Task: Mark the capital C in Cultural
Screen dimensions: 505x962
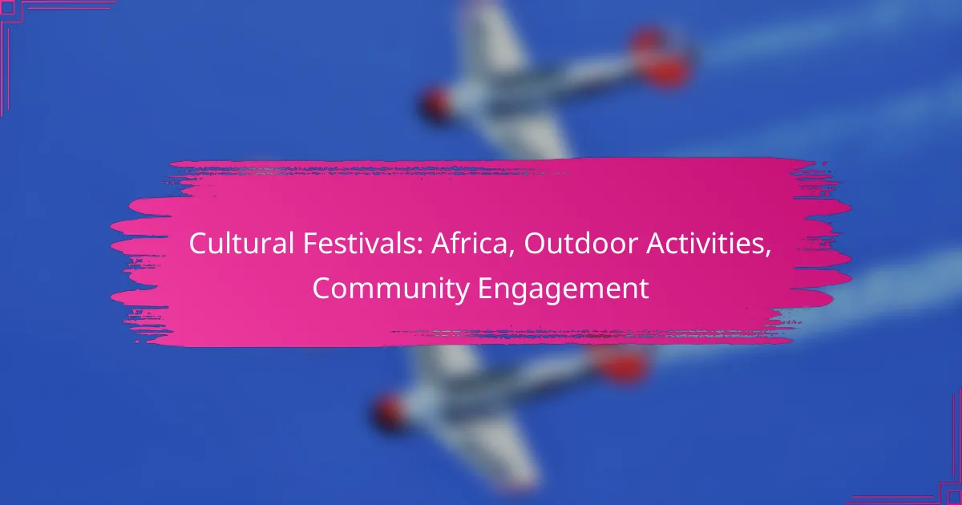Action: [198, 244]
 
